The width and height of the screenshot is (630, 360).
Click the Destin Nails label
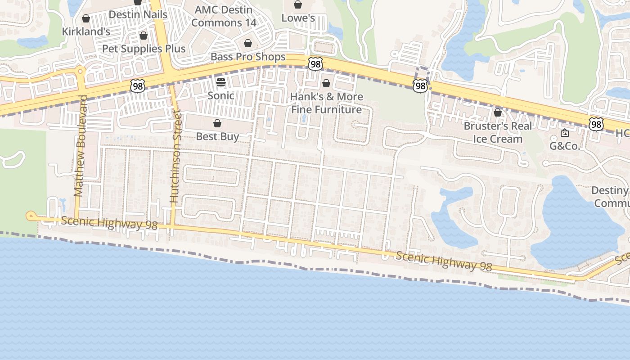[138, 14]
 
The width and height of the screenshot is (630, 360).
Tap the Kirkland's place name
[86, 31]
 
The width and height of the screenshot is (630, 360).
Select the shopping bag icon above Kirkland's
[86, 19]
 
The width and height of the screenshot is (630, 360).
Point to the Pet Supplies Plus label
[144, 49]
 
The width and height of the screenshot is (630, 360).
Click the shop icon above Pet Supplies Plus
[144, 36]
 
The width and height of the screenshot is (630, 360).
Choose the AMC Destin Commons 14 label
[224, 16]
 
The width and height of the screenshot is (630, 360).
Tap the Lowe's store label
[298, 18]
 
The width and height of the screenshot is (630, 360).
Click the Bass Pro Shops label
[248, 57]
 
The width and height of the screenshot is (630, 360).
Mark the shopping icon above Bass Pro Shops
[247, 44]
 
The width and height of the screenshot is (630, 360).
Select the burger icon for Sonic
[220, 82]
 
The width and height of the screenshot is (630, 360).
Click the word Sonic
[220, 95]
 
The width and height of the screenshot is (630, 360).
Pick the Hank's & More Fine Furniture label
[326, 103]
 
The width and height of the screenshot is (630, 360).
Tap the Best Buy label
[217, 136]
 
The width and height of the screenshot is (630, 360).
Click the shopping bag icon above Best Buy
[217, 123]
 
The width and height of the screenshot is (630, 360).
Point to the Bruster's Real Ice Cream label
[498, 132]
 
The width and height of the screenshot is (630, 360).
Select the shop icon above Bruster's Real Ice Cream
[498, 112]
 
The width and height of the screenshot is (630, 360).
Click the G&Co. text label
[565, 146]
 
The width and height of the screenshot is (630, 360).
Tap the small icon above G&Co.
[565, 133]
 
